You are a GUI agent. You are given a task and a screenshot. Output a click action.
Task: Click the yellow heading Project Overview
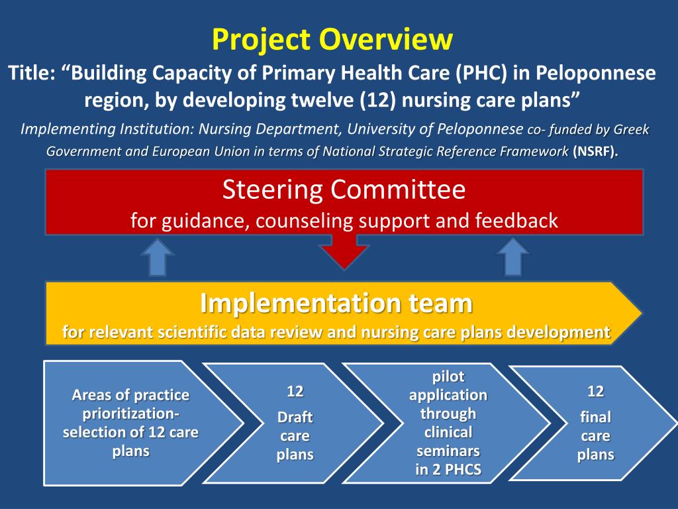point(332,39)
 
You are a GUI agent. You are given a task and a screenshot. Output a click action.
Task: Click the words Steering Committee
point(344,190)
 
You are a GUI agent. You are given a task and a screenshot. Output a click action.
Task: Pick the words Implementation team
point(336,304)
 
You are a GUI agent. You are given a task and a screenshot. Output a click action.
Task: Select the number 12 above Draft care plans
point(295,391)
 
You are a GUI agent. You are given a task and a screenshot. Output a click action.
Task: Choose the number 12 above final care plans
point(595,391)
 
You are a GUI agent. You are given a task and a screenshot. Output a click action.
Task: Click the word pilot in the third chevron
point(448,376)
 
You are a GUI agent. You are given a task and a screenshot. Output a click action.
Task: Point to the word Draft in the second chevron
point(295,418)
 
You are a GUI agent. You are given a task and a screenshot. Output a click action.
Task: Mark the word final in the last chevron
point(595,418)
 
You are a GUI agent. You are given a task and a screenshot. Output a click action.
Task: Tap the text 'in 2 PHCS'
point(448,472)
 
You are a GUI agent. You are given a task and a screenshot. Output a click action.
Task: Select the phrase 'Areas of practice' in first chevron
point(130,396)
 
